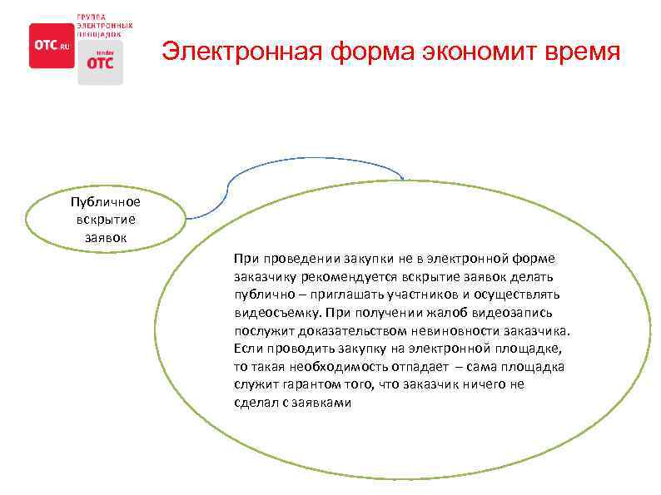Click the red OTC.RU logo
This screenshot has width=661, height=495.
point(52,45)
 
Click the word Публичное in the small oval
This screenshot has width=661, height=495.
point(106,202)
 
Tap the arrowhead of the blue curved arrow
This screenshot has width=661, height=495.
point(403,176)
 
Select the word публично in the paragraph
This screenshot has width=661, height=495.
point(261,295)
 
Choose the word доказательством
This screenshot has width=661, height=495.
point(350,330)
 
